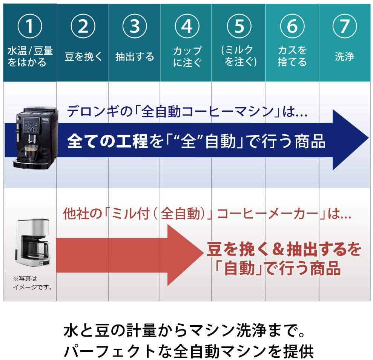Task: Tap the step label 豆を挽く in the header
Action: coord(83,57)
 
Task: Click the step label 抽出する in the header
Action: coord(135,57)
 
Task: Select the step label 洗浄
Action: coord(344,57)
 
